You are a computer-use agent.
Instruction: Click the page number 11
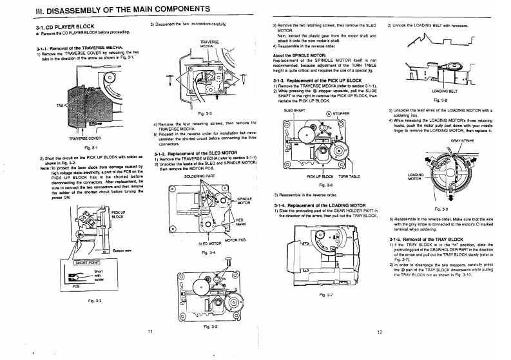[x=149, y=331]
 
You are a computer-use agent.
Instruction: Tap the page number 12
[x=380, y=332]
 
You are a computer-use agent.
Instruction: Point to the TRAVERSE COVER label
[x=82, y=138]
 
